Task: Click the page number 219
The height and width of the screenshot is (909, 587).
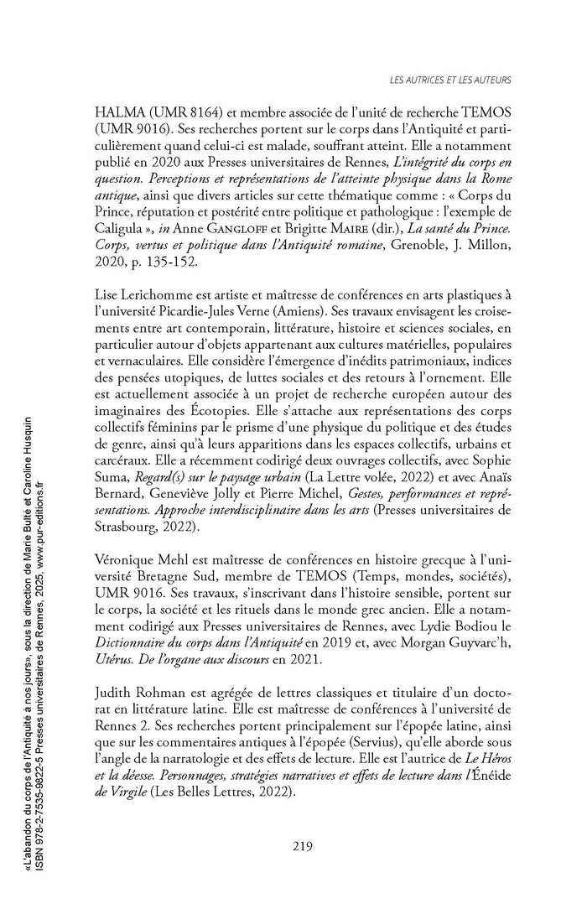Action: pyautogui.click(x=303, y=846)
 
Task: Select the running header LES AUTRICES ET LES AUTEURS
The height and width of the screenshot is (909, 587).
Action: pyautogui.click(x=451, y=81)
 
